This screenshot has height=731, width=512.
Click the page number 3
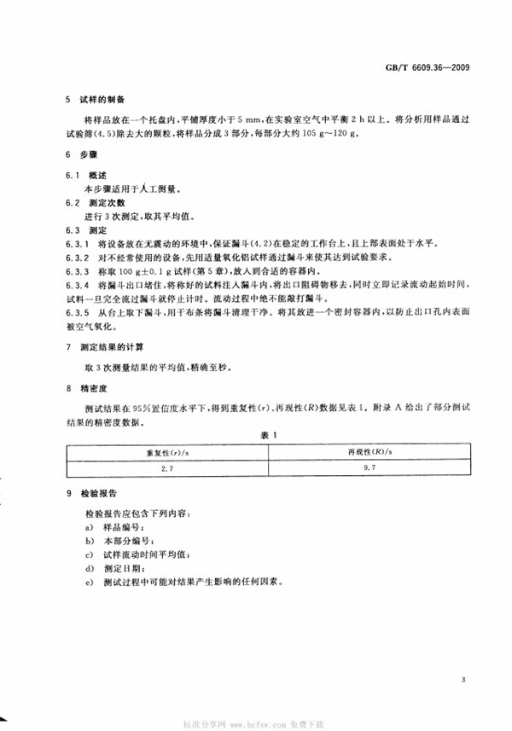pyautogui.click(x=462, y=680)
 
